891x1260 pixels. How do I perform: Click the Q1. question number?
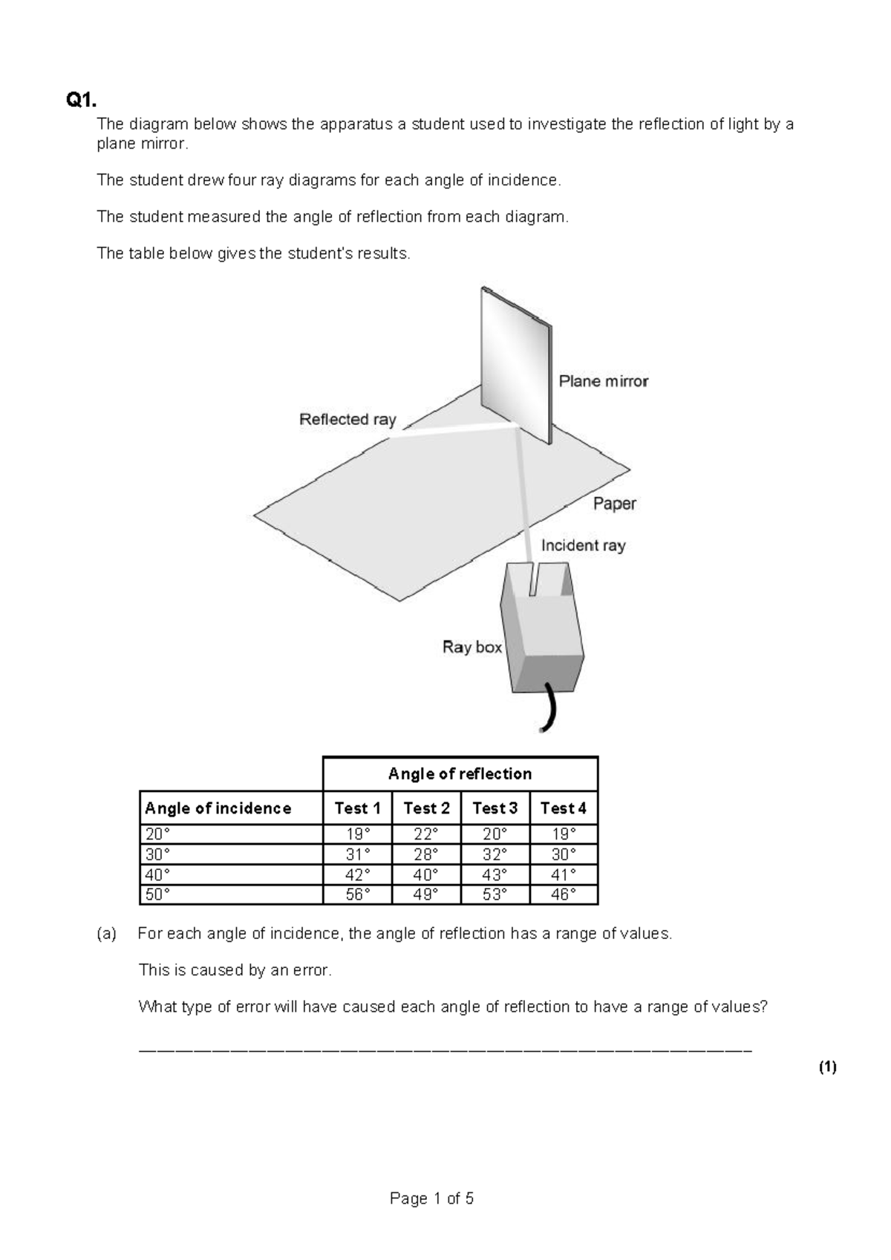pos(81,100)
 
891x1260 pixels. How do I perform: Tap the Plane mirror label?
pos(603,381)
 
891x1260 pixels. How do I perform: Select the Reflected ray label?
pos(347,419)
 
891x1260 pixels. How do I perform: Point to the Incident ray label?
pos(583,545)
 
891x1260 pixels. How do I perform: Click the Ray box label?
pos(472,647)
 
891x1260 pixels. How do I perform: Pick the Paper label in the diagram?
pos(614,504)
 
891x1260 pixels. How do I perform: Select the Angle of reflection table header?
pos(460,773)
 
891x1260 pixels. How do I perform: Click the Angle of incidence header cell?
pos(218,808)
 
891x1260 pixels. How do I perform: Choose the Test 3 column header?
pos(495,808)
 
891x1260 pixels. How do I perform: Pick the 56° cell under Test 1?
pos(357,894)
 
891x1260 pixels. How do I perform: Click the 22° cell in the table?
pos(425,834)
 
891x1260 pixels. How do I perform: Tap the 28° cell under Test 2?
pos(425,854)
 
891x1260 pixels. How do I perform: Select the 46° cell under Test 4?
pos(563,894)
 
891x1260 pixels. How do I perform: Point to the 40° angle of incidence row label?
pos(157,874)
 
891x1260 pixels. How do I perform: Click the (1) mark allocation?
pos(827,1068)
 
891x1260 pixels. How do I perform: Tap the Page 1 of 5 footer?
pos(431,1198)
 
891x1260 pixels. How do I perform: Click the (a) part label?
pos(107,934)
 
